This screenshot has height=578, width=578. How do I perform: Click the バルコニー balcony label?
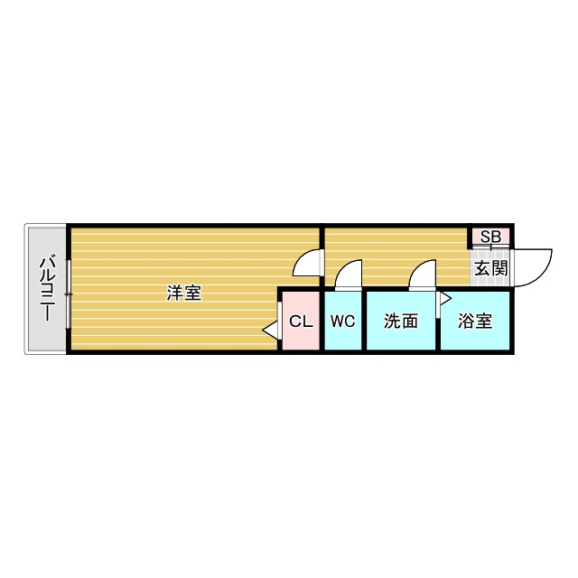point(46,289)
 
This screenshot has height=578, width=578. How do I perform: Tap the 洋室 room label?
point(184,294)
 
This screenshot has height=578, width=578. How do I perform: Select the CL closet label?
point(301,321)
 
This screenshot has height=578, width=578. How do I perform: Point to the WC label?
point(342,321)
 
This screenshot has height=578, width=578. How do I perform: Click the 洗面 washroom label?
point(400,321)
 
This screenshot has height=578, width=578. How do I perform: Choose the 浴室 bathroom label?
point(475,321)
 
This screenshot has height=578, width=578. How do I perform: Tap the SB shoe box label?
point(490,238)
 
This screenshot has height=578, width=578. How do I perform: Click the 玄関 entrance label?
point(491,267)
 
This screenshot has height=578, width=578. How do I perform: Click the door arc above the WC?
point(347,273)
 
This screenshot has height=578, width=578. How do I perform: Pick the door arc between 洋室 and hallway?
point(307,262)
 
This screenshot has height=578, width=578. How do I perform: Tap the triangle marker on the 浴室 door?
point(444,297)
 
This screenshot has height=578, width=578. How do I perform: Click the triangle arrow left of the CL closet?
point(270,331)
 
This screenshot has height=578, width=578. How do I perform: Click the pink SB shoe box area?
point(490,238)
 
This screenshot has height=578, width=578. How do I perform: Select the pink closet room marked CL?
point(300,334)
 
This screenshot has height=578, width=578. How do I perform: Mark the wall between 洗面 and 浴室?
point(437,325)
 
